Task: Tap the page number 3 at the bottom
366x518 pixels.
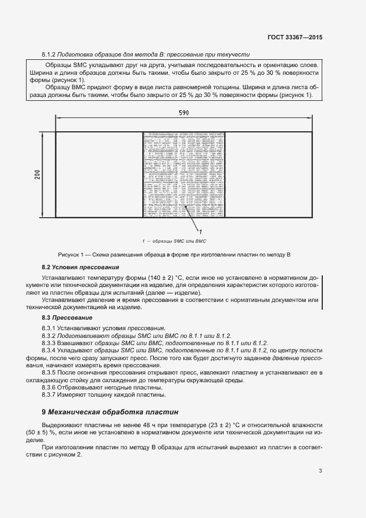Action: pyautogui.click(x=320, y=471)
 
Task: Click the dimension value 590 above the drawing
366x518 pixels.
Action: pyautogui.click(x=183, y=112)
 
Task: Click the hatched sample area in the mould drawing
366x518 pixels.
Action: pyautogui.click(x=184, y=175)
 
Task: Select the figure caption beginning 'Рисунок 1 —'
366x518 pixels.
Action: pyautogui.click(x=174, y=254)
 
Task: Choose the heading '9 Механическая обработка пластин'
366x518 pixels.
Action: pyautogui.click(x=111, y=412)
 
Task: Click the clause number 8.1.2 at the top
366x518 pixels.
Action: pyautogui.click(x=50, y=54)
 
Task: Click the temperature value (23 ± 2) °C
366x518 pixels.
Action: pyautogui.click(x=220, y=423)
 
